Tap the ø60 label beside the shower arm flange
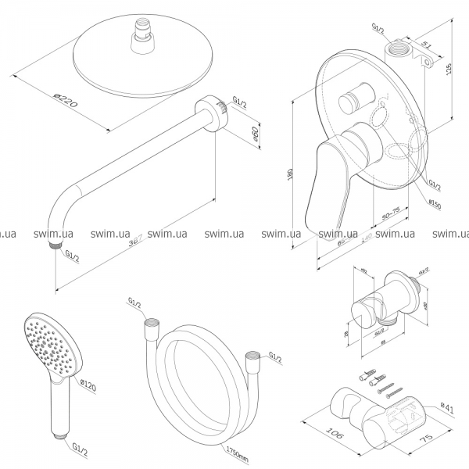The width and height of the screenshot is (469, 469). point(256,134)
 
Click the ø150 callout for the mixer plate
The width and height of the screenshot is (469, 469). point(435,205)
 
